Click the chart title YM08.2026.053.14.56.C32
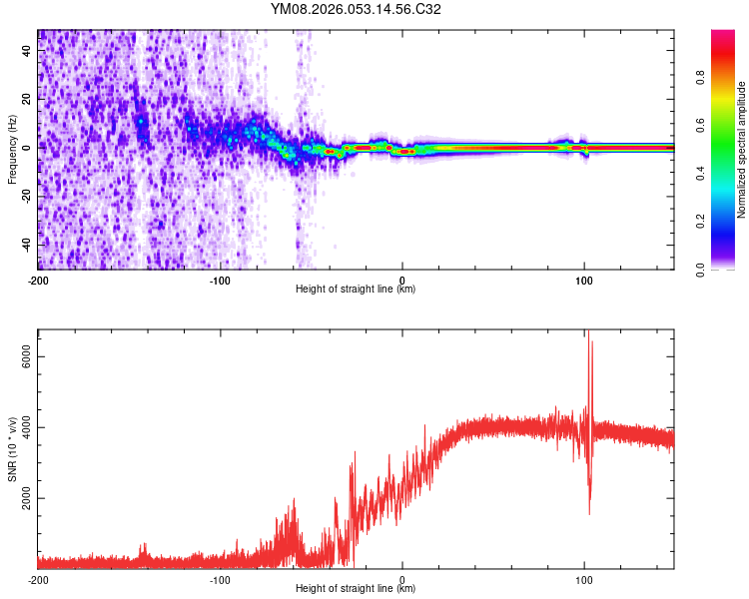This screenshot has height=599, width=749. tap(356, 10)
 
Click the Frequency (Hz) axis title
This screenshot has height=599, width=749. tap(12, 149)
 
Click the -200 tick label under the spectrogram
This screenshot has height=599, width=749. tap(38, 279)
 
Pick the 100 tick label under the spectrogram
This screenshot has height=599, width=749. tap(585, 279)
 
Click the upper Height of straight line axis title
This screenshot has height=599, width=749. tap(356, 290)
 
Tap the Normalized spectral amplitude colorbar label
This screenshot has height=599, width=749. tap(742, 150)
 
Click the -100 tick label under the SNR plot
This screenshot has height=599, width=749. tap(220, 578)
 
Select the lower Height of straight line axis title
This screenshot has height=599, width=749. tap(356, 589)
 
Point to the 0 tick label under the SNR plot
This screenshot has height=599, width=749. tap(402, 578)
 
